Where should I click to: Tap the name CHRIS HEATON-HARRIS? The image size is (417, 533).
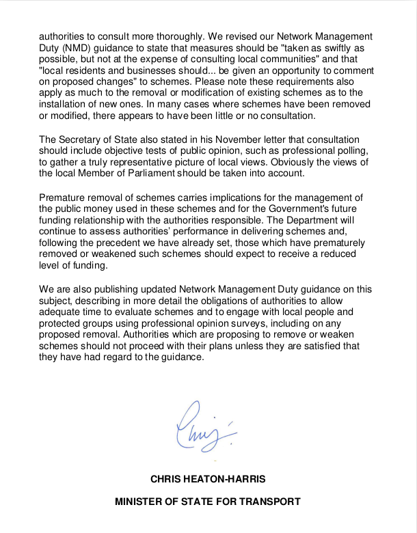point(208,479)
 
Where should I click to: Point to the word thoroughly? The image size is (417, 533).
point(159,34)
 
